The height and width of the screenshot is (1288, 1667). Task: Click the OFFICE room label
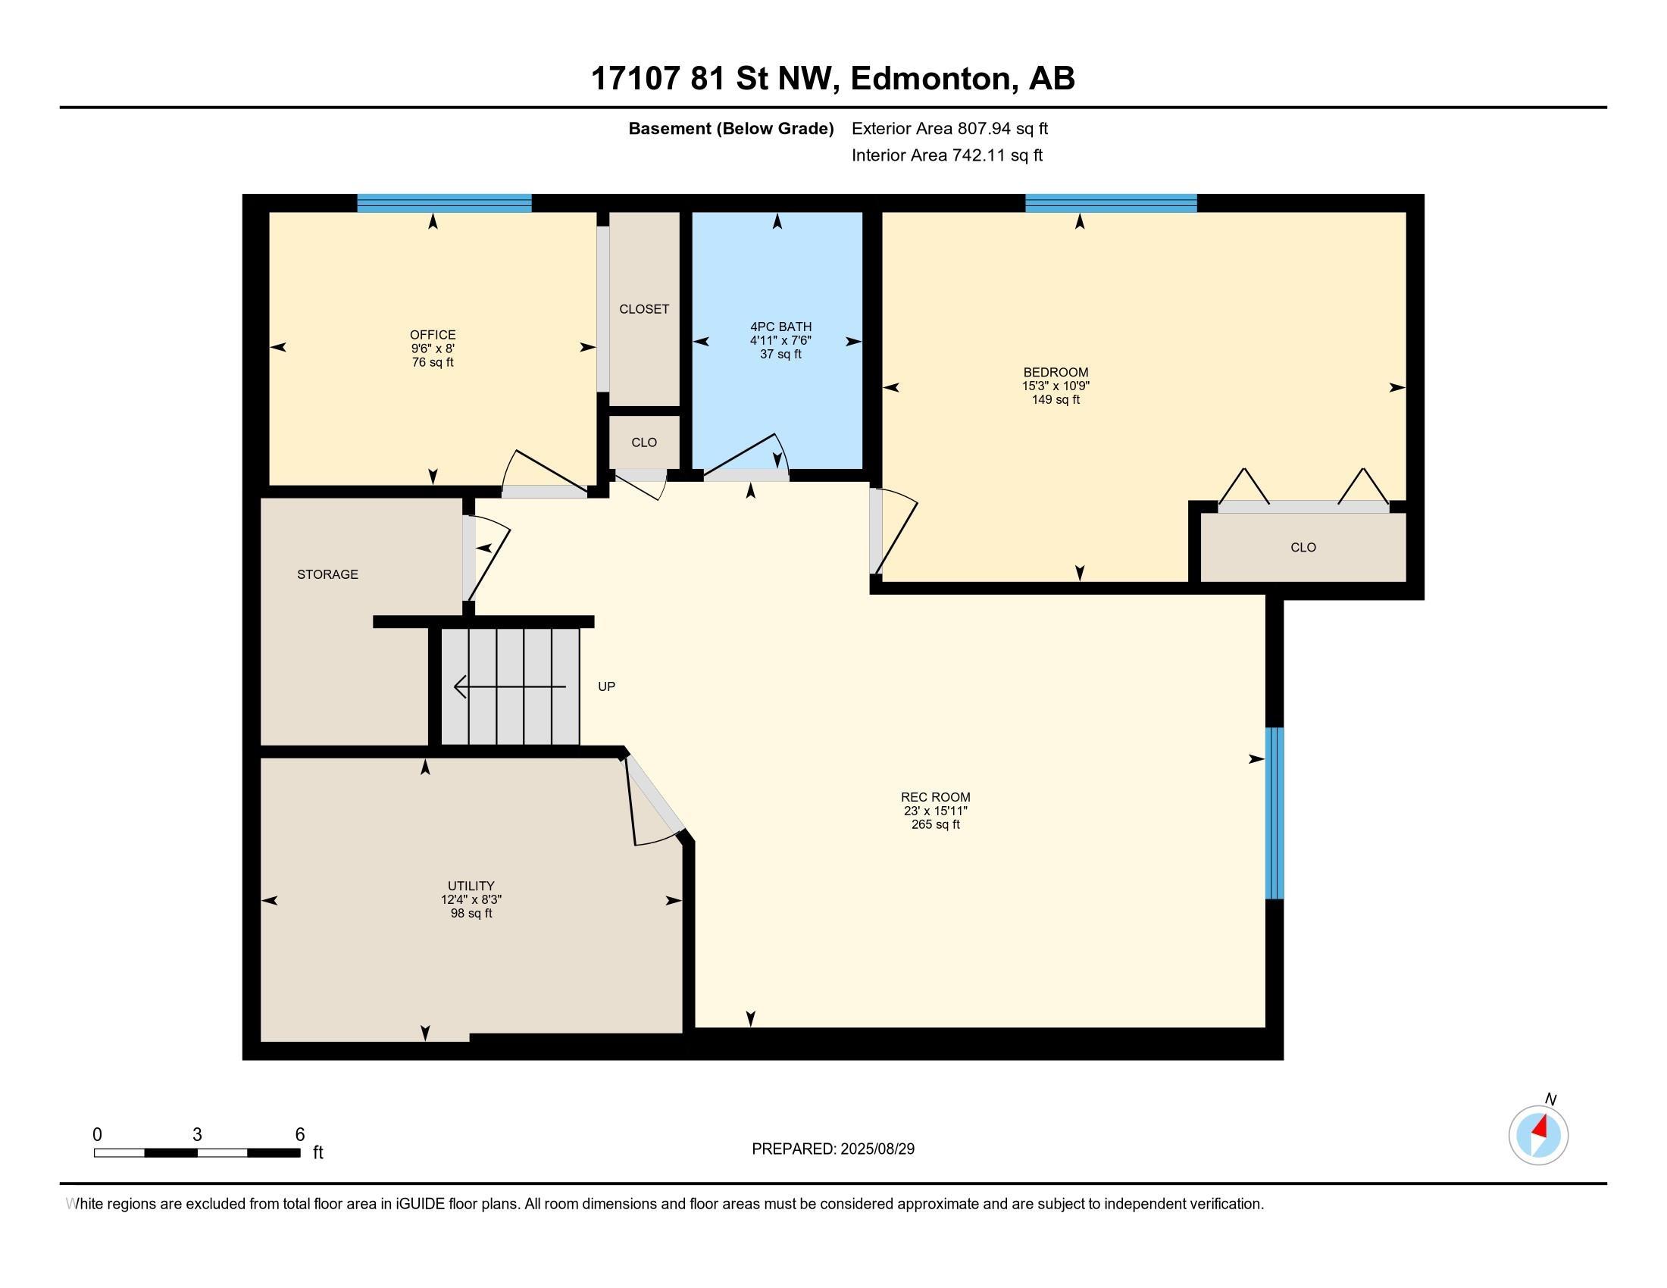pos(433,335)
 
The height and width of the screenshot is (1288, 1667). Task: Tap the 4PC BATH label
pos(780,327)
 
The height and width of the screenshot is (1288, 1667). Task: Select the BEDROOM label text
pos(1056,372)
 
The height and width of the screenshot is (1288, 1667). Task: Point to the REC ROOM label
pos(935,797)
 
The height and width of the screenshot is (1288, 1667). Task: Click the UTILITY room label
pos(471,886)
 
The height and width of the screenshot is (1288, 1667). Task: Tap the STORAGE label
pos(327,574)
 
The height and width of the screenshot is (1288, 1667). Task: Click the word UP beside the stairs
pos(606,686)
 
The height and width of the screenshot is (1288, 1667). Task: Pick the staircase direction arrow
pos(510,686)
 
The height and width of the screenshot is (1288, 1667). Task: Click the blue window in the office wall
pos(444,203)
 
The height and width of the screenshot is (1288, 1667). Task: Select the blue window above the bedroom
pos(1111,203)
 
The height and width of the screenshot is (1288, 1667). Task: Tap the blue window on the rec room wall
pos(1274,814)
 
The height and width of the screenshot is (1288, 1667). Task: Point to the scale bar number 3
pos(197,1135)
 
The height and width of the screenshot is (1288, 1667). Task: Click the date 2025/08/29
pos(876,1149)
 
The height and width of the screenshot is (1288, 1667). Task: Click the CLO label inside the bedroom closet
pos(1303,547)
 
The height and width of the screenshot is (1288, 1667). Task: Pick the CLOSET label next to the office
pos(644,309)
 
